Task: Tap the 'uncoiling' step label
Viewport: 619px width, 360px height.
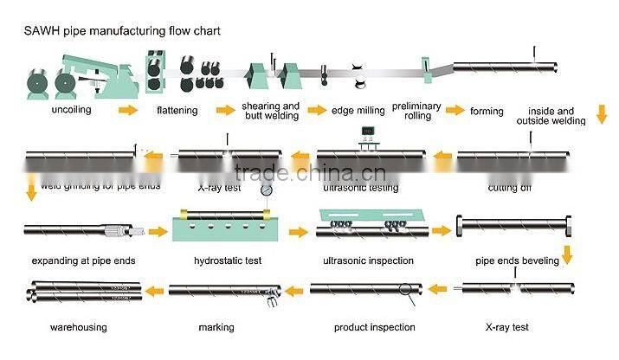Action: pyautogui.click(x=76, y=110)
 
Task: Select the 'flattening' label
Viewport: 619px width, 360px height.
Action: pyautogui.click(x=177, y=110)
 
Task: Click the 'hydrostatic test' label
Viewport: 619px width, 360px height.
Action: pyautogui.click(x=229, y=260)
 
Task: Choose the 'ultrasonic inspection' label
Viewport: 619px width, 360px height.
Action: pyautogui.click(x=368, y=260)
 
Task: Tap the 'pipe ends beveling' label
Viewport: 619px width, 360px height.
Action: pyautogui.click(x=516, y=260)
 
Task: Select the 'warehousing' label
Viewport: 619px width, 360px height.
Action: pyautogui.click(x=78, y=327)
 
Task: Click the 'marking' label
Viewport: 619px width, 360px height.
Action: pyautogui.click(x=216, y=327)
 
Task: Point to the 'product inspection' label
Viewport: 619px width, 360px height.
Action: pyautogui.click(x=374, y=327)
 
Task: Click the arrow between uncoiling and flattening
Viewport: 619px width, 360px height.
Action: pyautogui.click(x=127, y=110)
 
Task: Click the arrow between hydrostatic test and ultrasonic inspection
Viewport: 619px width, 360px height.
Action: pyautogui.click(x=297, y=232)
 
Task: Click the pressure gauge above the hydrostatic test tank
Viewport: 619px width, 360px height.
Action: pyautogui.click(x=267, y=190)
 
